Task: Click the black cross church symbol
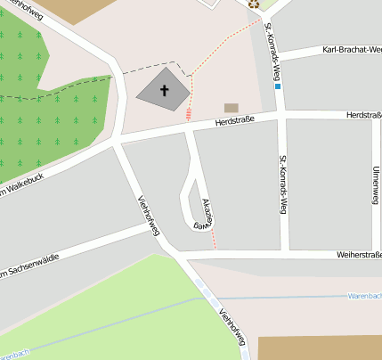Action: pos(164,90)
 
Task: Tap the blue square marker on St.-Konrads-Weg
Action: pos(278,87)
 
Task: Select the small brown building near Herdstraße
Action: pos(232,108)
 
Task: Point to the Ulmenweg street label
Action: pos(374,184)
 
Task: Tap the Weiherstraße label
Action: pos(358,254)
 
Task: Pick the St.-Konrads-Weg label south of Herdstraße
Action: pos(283,184)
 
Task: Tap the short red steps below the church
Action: pos(189,113)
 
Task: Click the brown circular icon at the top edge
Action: pos(254,4)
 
